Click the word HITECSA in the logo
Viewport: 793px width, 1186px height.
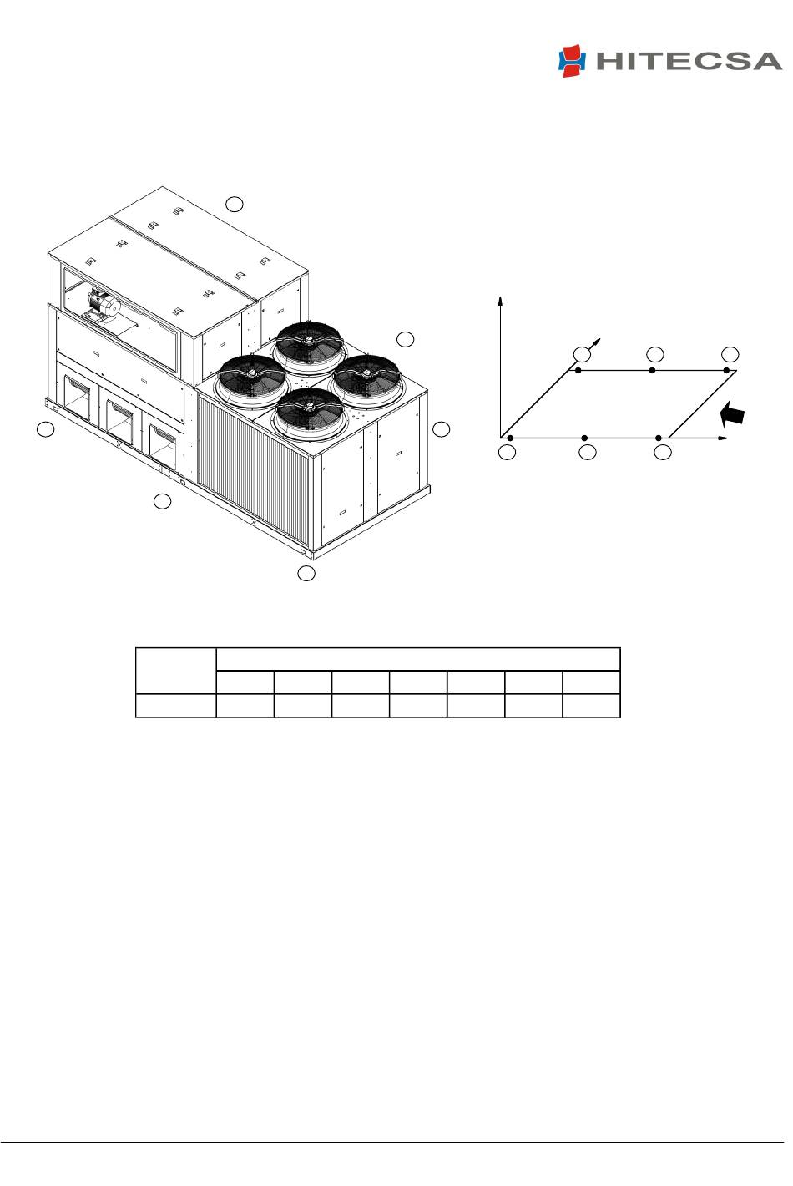(x=689, y=62)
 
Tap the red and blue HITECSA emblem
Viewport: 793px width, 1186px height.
(x=572, y=61)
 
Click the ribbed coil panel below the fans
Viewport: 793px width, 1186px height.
(x=253, y=472)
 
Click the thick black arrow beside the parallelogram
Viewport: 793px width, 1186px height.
(x=733, y=414)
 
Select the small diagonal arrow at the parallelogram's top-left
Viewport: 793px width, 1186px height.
(x=594, y=343)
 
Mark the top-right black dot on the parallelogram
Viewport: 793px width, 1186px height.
(x=726, y=370)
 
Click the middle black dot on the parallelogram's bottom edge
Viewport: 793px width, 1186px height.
(x=584, y=438)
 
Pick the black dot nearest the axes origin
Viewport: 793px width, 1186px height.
(x=510, y=438)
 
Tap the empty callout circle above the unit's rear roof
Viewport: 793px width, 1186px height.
(x=235, y=204)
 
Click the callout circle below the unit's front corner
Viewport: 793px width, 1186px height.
(x=306, y=573)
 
